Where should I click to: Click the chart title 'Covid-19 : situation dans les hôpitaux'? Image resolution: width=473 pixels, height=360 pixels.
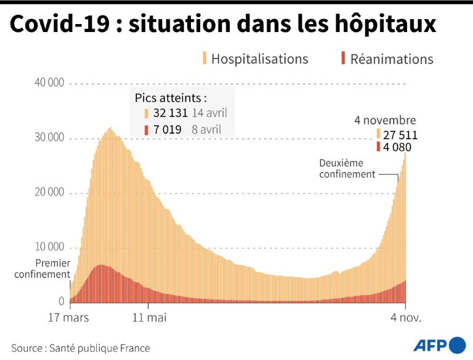(223, 25)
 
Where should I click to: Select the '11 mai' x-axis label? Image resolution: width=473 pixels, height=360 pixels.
(149, 318)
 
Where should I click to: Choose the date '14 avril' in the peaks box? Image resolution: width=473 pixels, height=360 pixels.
(209, 113)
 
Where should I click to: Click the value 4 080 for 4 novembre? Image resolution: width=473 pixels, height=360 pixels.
(396, 148)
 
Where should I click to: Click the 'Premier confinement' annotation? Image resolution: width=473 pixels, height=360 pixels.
(42, 268)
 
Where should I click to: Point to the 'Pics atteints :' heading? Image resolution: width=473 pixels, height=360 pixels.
(170, 97)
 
